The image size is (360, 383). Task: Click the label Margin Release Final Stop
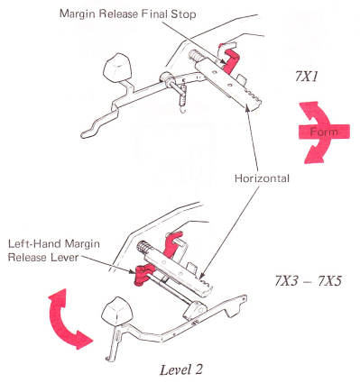[x=128, y=14]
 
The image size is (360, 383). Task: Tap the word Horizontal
[x=262, y=178]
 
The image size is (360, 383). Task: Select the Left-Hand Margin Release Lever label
[x=53, y=251]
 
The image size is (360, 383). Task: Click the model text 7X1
[x=306, y=78]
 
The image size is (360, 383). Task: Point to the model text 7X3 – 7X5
[x=309, y=281]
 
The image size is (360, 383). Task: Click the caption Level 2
[x=181, y=369]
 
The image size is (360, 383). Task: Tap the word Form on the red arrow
[x=324, y=132]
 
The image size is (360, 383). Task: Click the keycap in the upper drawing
[x=117, y=67]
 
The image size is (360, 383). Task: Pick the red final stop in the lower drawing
[x=172, y=244]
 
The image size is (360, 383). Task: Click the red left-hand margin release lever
[x=141, y=275]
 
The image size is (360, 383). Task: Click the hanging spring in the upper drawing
[x=182, y=96]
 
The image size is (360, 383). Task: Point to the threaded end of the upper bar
[x=195, y=56]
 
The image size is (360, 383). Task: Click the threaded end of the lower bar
[x=143, y=249]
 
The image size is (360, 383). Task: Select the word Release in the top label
[x=124, y=14]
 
